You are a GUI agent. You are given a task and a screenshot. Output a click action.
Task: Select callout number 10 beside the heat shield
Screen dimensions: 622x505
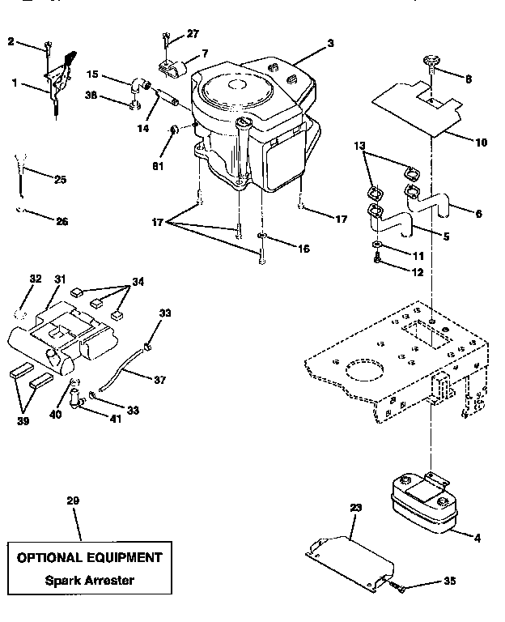point(481,143)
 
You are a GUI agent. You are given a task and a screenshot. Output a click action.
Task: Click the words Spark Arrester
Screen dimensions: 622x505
point(88,580)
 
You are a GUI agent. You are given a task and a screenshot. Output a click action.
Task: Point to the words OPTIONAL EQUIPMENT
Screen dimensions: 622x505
point(89,557)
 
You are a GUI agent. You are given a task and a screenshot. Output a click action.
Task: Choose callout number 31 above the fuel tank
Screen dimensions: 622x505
point(60,279)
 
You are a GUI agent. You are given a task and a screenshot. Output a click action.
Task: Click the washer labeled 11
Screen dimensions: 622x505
point(377,244)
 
